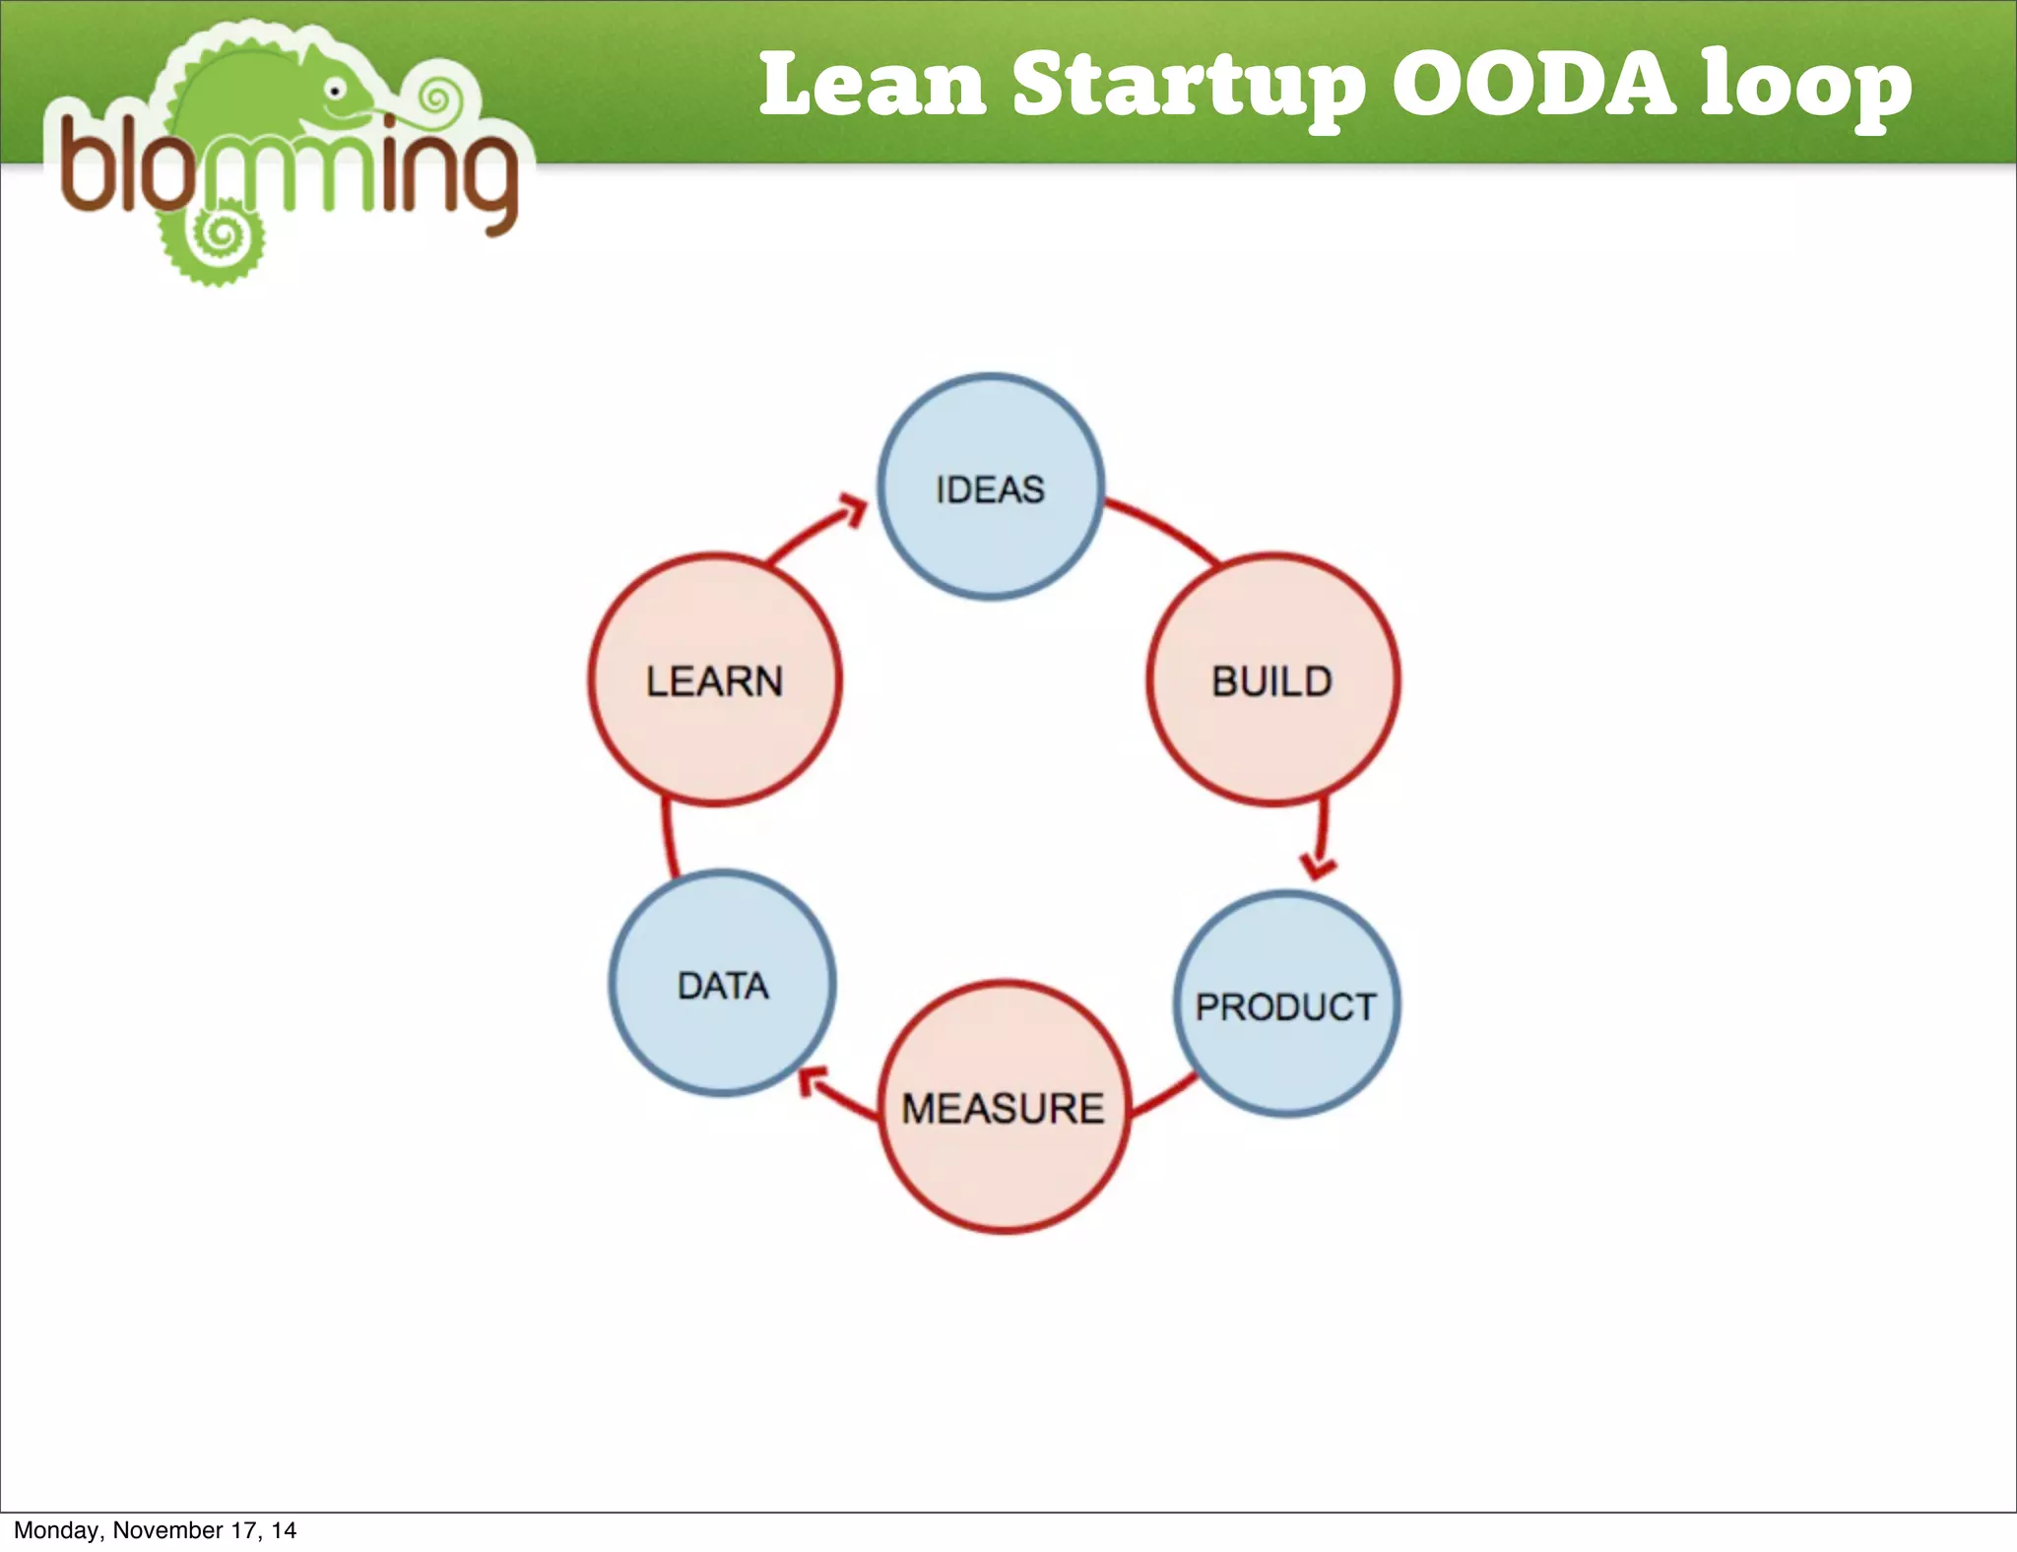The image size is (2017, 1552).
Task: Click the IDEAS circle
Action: (990, 486)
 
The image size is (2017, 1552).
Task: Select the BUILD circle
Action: (1272, 680)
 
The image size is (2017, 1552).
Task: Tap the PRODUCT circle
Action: (1286, 1004)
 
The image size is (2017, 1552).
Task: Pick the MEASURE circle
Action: (1004, 1107)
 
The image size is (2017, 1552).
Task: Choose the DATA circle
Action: (722, 984)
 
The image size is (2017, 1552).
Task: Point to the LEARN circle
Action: (715, 680)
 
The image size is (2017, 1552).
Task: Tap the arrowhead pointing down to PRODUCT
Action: (1318, 866)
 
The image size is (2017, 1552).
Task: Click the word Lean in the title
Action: (873, 85)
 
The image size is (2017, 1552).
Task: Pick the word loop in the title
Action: (1806, 87)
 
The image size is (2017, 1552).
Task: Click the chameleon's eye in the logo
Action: (336, 92)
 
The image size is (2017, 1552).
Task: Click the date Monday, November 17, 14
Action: (155, 1529)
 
